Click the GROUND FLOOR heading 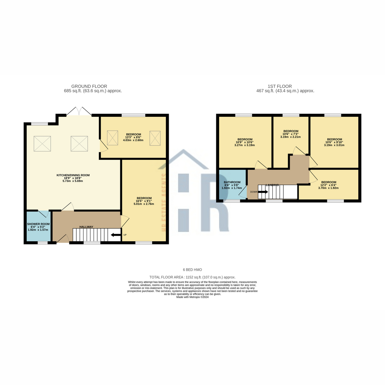click(x=89, y=86)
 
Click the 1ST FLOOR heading click(x=280, y=86)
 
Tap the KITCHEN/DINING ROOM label click(x=73, y=175)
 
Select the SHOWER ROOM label click(x=38, y=224)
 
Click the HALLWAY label click(x=86, y=227)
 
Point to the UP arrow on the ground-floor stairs click(x=114, y=235)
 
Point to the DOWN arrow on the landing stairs click(x=263, y=192)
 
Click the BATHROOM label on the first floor click(x=232, y=182)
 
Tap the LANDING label click(x=272, y=185)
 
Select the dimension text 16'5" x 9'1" click(x=144, y=201)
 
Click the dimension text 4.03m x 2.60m click(x=133, y=140)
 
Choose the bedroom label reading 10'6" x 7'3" click(x=291, y=134)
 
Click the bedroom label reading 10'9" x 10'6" click(x=245, y=142)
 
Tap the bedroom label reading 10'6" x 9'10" click(x=334, y=142)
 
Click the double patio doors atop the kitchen click(x=79, y=111)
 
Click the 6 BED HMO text click(x=193, y=270)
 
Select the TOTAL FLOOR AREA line click(x=193, y=277)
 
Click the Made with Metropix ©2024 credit click(x=193, y=297)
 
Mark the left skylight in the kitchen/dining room click(x=42, y=143)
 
